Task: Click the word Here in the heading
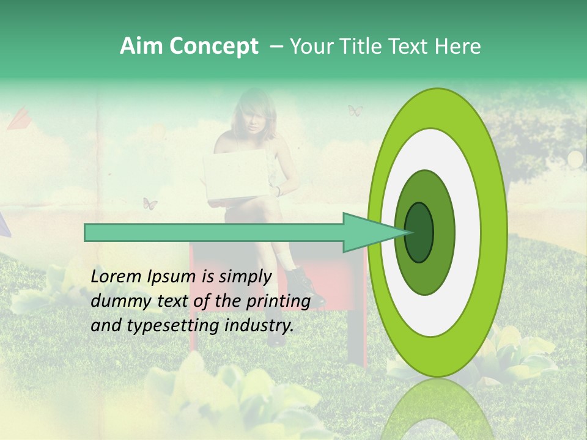[x=459, y=46]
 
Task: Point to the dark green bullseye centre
[x=419, y=232]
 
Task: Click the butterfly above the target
[x=355, y=111]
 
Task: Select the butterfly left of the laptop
[x=150, y=204]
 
